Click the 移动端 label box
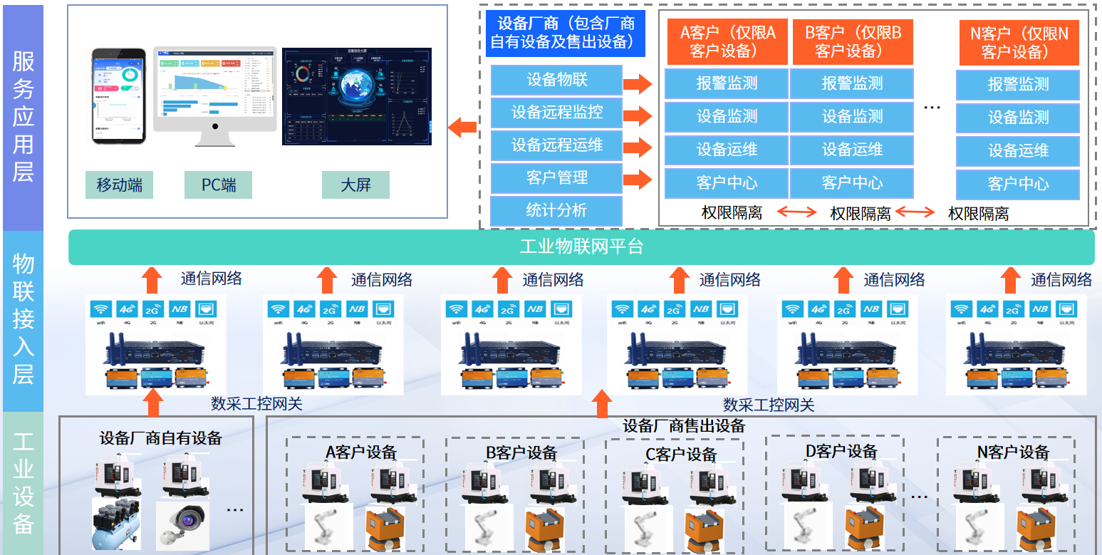pos(120,185)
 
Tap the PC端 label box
pos(219,185)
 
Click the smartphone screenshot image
pos(118,96)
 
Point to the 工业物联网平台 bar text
pos(581,247)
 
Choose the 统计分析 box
pos(556,210)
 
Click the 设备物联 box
pos(556,80)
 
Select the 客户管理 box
pos(556,177)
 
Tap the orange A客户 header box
pos(727,41)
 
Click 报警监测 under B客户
pos(852,83)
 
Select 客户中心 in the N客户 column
pos(1018,184)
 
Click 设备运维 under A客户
pos(727,150)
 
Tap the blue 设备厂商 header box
pos(566,33)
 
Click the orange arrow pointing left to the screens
pos(462,128)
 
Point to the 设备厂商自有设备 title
pos(161,437)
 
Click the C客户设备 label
pos(681,454)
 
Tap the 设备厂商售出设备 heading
pos(684,426)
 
